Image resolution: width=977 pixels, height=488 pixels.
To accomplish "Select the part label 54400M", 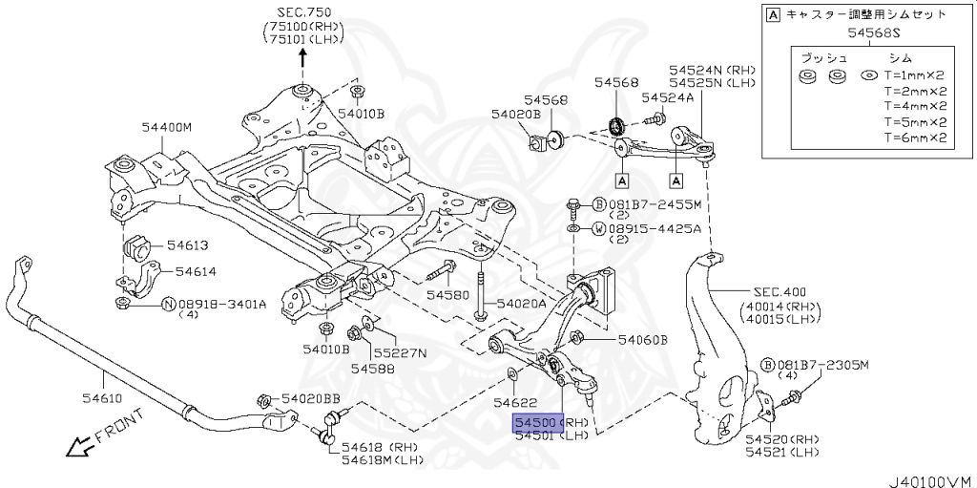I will (167, 127).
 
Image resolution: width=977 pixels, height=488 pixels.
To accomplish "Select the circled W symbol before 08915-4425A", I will (598, 229).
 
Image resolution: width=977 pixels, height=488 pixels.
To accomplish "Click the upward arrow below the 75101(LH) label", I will (304, 57).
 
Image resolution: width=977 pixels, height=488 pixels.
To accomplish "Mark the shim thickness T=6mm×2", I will (915, 138).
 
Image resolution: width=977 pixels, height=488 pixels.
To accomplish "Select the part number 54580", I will (447, 295).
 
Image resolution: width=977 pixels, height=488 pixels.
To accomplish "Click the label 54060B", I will (643, 339).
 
